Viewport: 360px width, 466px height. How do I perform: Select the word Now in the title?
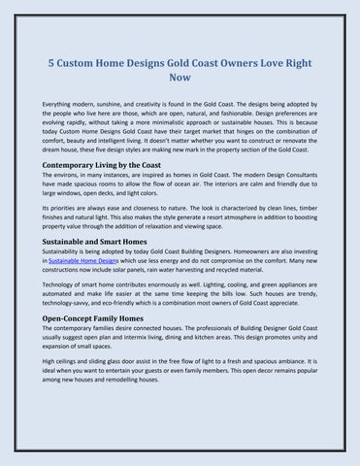[x=180, y=79]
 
